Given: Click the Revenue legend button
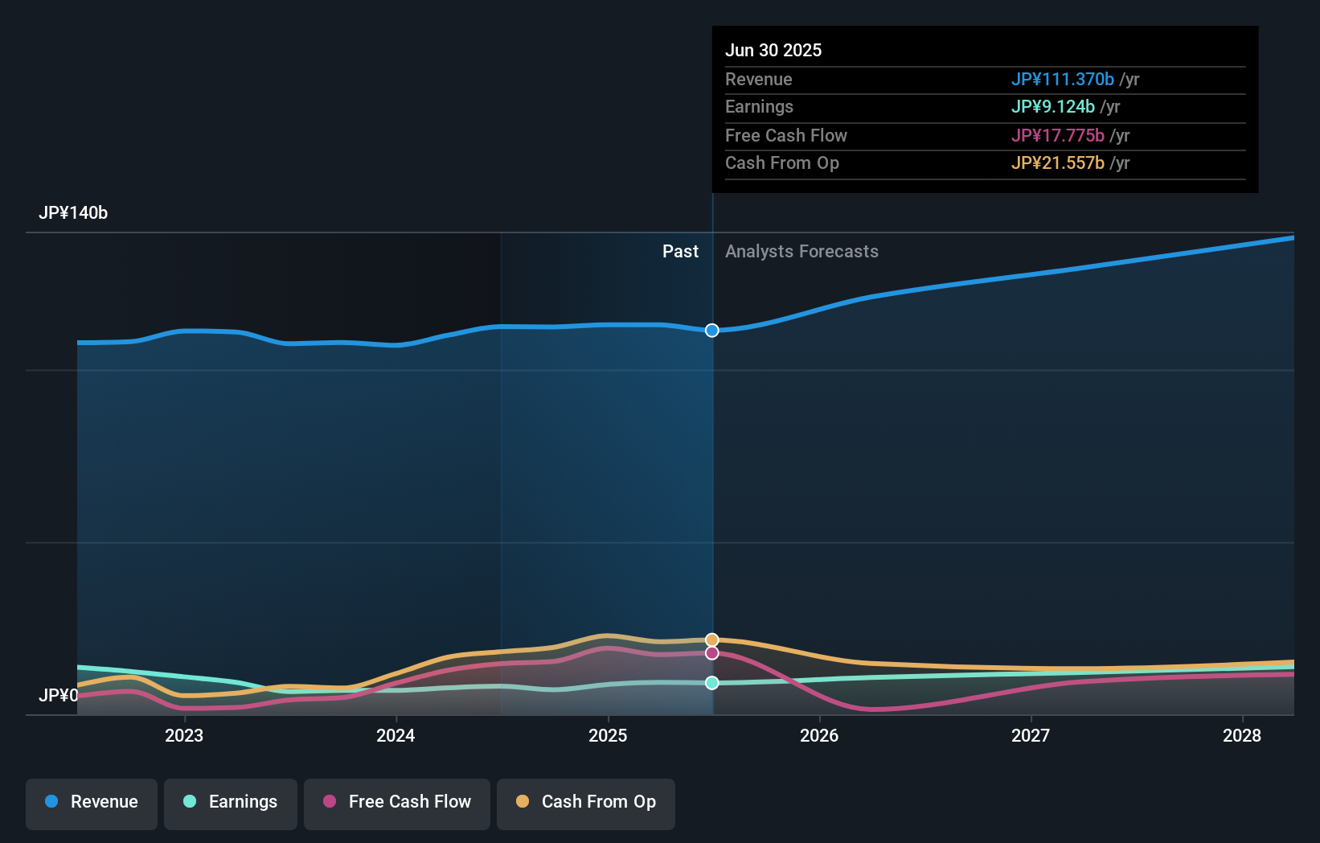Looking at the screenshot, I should (92, 802).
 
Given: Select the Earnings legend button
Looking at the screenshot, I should (231, 802).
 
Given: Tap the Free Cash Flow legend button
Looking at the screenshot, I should (397, 802).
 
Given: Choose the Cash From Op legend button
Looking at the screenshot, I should (586, 802).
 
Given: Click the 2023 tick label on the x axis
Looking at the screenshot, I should (184, 735).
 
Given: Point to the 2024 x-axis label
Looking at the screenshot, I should (396, 735).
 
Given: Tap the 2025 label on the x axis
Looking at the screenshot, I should (608, 735).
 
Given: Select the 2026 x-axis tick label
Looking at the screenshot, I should (819, 735).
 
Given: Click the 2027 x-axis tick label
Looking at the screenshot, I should (1031, 735).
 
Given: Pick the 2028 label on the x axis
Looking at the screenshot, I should (1242, 735).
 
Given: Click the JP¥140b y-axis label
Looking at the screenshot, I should (73, 213).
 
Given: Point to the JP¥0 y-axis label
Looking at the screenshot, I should (58, 695).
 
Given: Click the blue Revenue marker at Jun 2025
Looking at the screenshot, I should (712, 331).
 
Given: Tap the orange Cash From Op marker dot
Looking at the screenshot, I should (712, 640).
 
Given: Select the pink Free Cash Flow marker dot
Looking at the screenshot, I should (712, 653).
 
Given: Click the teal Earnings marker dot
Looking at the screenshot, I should (712, 683).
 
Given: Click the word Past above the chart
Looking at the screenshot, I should (680, 252).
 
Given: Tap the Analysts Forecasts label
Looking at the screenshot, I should (801, 252).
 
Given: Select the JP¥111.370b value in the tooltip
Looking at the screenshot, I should (1062, 80).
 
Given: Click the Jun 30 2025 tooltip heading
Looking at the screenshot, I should (773, 51).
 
